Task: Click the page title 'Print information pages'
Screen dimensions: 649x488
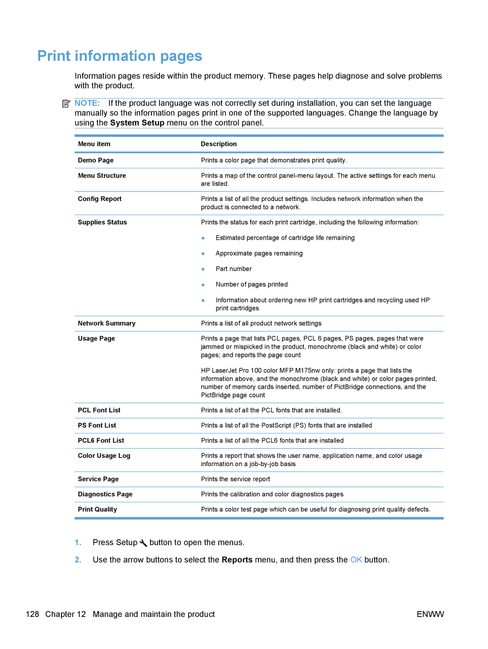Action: pos(120,56)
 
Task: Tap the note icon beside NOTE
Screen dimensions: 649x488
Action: pos(66,103)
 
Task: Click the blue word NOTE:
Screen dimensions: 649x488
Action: pos(87,103)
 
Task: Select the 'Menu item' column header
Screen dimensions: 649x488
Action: pos(94,144)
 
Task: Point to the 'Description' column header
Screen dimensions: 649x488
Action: pos(219,144)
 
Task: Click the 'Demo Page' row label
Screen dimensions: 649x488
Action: pos(96,160)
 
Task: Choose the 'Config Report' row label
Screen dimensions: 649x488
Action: pos(100,199)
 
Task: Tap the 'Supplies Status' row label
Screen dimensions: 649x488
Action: pos(103,222)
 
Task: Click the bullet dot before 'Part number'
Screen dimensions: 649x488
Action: pos(203,269)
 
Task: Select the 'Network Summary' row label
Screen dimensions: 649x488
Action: pos(107,323)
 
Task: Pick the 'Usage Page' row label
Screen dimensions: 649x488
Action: pos(96,339)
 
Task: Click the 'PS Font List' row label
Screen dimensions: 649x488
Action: pos(97,425)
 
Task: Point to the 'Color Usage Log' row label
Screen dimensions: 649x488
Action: pos(104,456)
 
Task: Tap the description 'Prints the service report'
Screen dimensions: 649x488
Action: pos(235,479)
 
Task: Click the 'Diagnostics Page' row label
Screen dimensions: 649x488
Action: pos(105,495)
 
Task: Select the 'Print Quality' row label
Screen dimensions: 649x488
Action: pos(98,509)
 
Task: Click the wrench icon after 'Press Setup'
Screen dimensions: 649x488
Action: pos(143,543)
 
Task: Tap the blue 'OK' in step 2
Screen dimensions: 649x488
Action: pos(356,560)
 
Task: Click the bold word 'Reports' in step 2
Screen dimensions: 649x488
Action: pos(237,560)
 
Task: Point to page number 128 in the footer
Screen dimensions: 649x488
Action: pos(33,614)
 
